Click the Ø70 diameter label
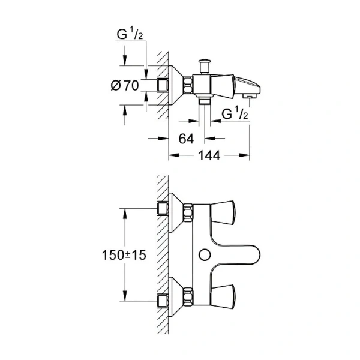[x=126, y=86]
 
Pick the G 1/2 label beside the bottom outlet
[x=235, y=113]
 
